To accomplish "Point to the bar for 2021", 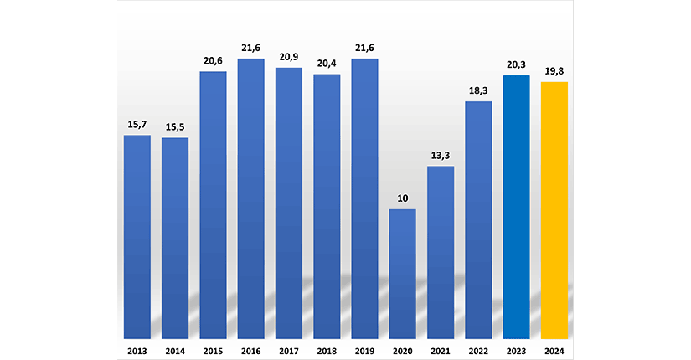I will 441,251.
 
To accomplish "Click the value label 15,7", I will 137,125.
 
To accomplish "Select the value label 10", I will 403,198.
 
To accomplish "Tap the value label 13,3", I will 441,156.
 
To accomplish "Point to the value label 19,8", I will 554,71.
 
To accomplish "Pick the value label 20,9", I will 289,57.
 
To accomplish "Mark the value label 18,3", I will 478,90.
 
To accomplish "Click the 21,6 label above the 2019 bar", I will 364,49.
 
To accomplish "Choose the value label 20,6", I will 213,61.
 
